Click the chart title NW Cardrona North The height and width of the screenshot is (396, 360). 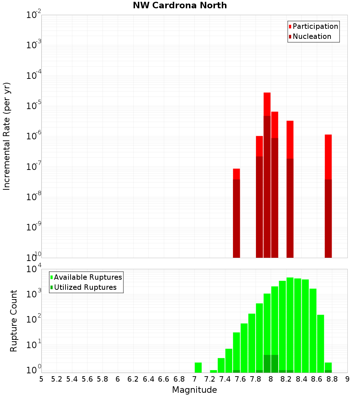point(180,5)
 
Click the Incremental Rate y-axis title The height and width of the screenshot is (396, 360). point(7,136)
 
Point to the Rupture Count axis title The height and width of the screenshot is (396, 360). point(14,321)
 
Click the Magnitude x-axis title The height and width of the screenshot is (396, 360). point(194,390)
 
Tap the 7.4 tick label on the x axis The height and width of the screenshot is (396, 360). point(225,379)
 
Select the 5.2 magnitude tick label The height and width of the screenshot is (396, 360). point(57,379)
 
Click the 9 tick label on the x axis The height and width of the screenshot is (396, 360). point(347,379)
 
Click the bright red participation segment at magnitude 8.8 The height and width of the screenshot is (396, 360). point(328,157)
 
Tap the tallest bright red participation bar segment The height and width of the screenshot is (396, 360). point(267,104)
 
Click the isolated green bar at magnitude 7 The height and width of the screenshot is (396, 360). point(198,368)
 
